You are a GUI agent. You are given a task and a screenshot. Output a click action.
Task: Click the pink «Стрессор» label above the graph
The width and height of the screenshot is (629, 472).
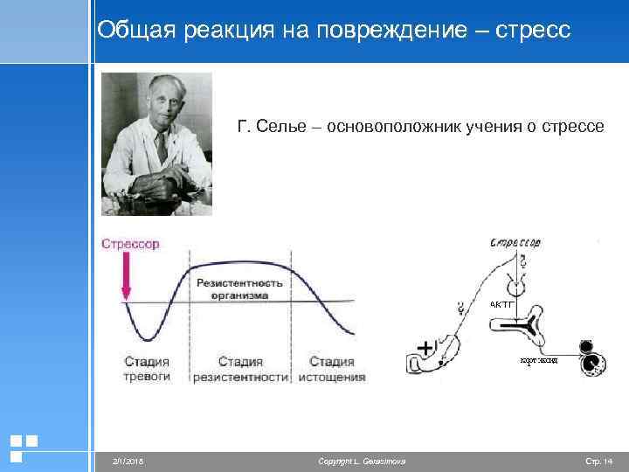pyautogui.click(x=130, y=244)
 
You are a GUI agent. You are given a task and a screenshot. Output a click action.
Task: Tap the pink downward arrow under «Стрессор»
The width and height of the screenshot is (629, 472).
pyautogui.click(x=127, y=282)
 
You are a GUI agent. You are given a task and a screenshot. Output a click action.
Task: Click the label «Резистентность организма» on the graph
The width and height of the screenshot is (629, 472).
pyautogui.click(x=239, y=289)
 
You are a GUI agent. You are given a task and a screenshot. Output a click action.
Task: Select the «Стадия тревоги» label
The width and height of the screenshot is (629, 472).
pyautogui.click(x=146, y=369)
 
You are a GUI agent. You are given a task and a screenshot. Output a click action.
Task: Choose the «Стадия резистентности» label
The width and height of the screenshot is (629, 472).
pyautogui.click(x=240, y=369)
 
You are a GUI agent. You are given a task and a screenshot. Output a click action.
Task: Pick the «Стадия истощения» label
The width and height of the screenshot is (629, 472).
pyautogui.click(x=332, y=369)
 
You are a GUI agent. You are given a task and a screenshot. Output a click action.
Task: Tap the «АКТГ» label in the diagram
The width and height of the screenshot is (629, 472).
pyautogui.click(x=503, y=304)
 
